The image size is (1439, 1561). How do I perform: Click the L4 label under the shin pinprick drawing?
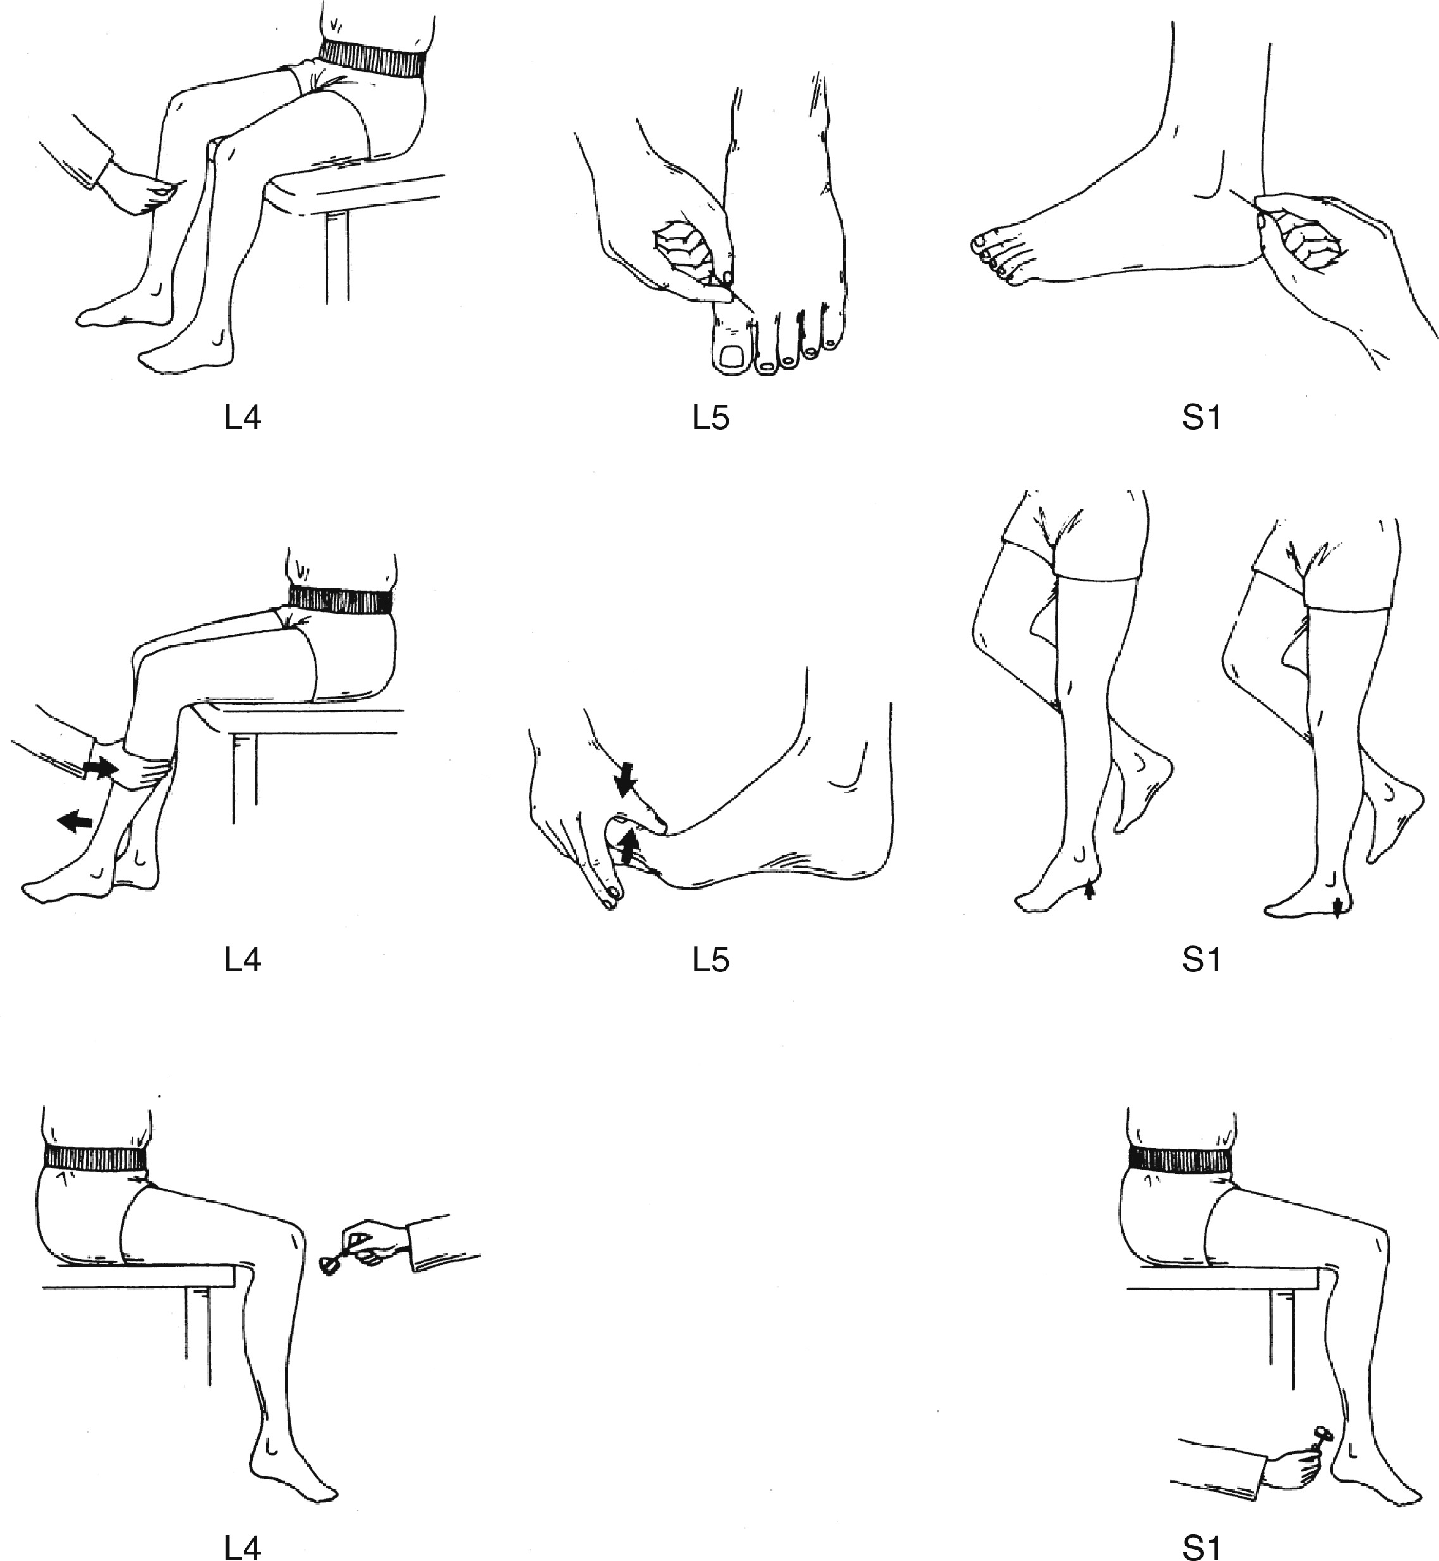(242, 418)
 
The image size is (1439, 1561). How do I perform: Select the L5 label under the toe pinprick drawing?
(711, 418)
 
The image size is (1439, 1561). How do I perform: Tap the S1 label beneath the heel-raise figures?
(1202, 960)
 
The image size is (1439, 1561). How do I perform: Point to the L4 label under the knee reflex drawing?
(242, 1547)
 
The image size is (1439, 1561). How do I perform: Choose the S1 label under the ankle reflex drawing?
(1202, 1547)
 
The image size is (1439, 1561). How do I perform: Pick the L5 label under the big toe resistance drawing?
(711, 960)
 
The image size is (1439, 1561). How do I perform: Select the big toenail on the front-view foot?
(732, 357)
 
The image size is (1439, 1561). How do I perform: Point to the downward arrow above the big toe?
(626, 779)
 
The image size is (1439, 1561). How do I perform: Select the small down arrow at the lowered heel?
(1337, 907)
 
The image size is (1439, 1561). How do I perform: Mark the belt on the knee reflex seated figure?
(95, 1157)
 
